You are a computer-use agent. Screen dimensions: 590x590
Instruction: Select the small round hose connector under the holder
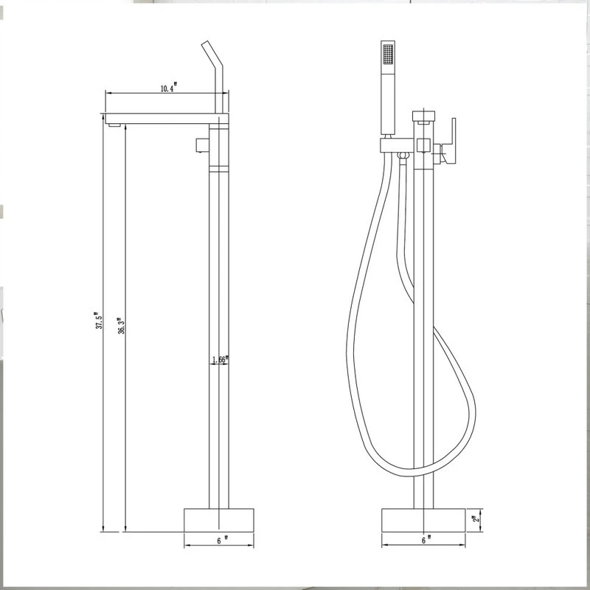tap(402, 155)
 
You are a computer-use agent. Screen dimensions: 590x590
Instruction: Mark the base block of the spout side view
tap(219, 519)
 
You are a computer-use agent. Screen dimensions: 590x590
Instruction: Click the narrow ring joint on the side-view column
tap(220, 170)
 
